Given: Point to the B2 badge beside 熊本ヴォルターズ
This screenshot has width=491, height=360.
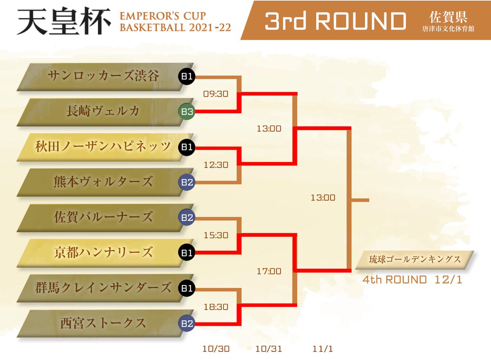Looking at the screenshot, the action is (187, 182).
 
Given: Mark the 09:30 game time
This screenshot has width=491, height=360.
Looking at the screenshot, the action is (216, 94).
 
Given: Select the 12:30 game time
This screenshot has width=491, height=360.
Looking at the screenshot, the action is (216, 165).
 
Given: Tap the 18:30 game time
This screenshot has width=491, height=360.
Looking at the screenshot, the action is (216, 306).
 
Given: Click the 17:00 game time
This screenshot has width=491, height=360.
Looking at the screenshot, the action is (269, 271).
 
